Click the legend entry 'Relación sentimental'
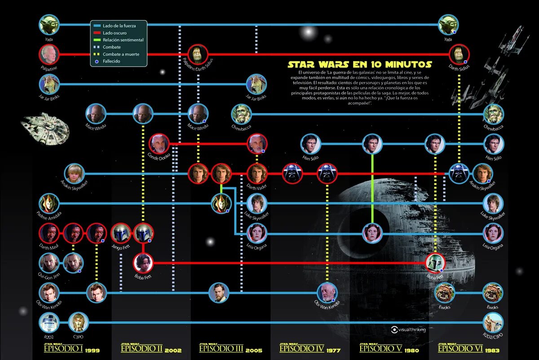pos(123,40)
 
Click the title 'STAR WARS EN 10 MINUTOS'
pos(360,65)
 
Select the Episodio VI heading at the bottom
pos(460,349)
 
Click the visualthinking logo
pos(408,329)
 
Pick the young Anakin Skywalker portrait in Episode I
pos(74,174)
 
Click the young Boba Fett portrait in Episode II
pos(143,263)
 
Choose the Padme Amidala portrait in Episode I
pos(49,203)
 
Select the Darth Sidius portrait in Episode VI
pos(459,54)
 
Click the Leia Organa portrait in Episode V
pos(372,233)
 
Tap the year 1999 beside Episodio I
pos(92,350)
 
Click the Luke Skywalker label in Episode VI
pos(493,216)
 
